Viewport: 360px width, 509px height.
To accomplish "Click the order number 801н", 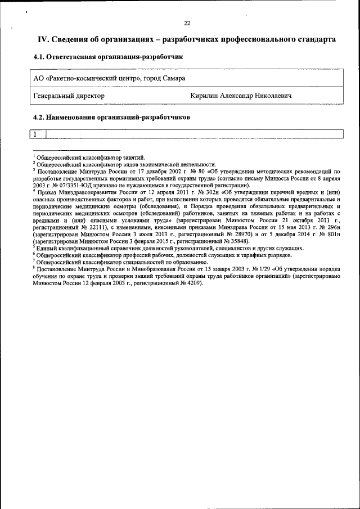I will coord(335,227).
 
